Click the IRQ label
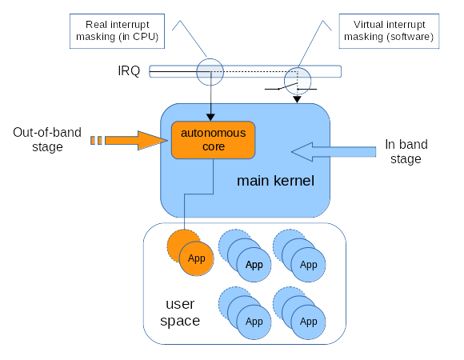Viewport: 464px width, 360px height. [129, 71]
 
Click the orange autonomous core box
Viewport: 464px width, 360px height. [213, 140]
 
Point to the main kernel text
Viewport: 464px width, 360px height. [275, 181]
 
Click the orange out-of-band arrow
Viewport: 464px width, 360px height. [129, 140]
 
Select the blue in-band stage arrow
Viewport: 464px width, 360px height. [334, 152]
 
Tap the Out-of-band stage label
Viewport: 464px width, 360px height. [47, 139]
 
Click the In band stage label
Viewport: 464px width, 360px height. [406, 151]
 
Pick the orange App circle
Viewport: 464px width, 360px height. [197, 258]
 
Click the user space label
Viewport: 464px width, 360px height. [180, 312]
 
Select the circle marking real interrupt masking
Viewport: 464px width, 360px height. [210, 59]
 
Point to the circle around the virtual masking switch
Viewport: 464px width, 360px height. [298, 68]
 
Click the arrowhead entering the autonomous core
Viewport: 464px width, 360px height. [210, 117]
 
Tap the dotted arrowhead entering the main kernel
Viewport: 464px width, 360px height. [297, 99]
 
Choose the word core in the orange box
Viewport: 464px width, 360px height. [214, 146]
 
